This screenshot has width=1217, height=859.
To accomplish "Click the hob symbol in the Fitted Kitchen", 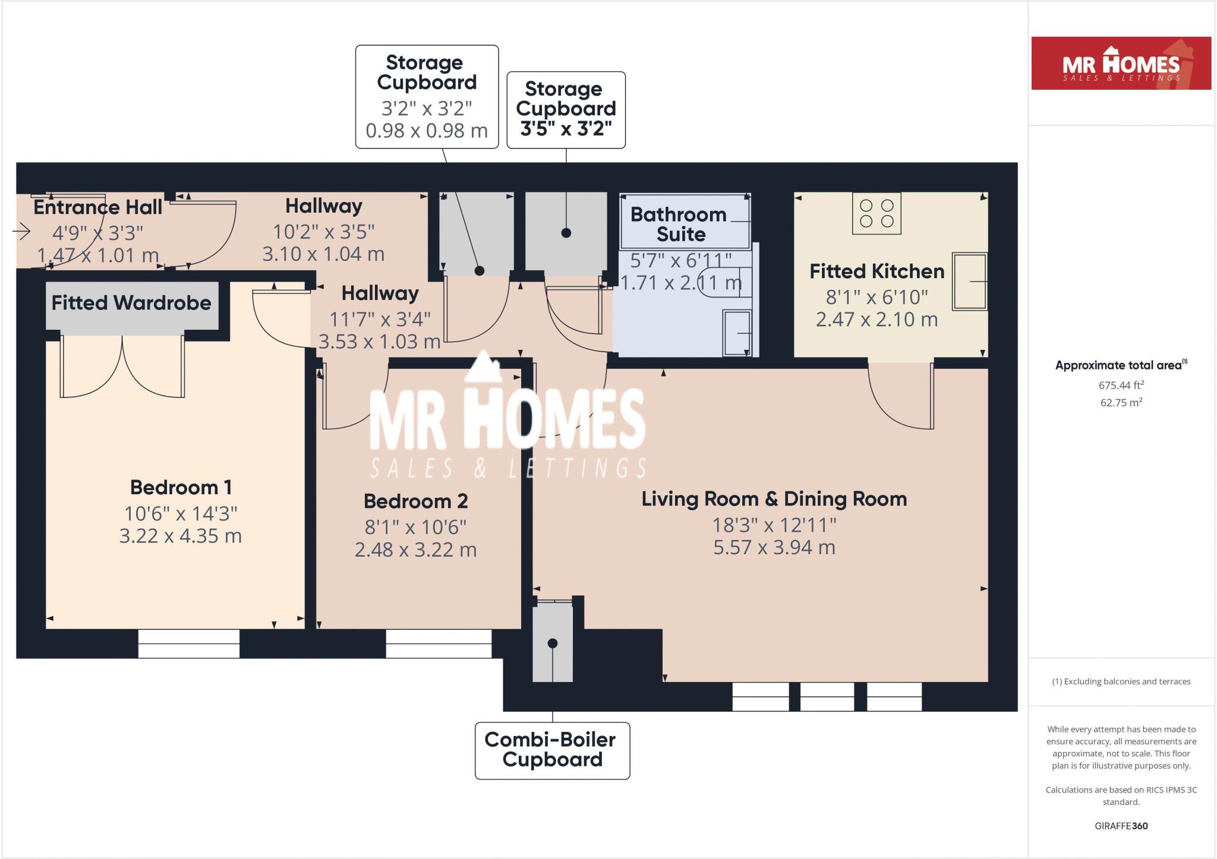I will point(877,213).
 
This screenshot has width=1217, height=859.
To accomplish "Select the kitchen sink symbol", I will point(969,282).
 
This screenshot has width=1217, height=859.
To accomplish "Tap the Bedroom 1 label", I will point(181,488).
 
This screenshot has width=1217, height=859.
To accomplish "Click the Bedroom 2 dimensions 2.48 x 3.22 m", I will point(415,550).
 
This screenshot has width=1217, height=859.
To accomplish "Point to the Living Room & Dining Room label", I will point(774,499).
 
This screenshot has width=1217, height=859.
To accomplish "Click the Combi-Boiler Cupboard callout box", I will point(552,750).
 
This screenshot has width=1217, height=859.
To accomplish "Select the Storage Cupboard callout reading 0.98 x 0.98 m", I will point(427,97).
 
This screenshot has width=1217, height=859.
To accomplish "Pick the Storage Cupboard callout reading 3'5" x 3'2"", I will point(566,110).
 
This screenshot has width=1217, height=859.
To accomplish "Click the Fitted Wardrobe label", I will point(131,303).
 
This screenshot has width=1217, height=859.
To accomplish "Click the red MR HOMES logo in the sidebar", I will point(1121,64).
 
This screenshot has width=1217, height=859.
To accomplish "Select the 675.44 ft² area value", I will point(1121,386).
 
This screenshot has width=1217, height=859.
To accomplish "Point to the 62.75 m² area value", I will point(1121,403).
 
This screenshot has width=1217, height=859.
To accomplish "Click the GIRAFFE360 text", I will point(1121,826).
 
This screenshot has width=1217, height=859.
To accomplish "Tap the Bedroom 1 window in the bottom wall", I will point(189,644).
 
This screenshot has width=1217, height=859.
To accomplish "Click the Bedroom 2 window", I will point(439,644).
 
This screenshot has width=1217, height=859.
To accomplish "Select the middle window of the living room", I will point(827,697).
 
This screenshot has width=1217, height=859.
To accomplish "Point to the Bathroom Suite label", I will point(679,224).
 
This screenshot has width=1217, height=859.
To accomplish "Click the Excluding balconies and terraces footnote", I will point(1121,681).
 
